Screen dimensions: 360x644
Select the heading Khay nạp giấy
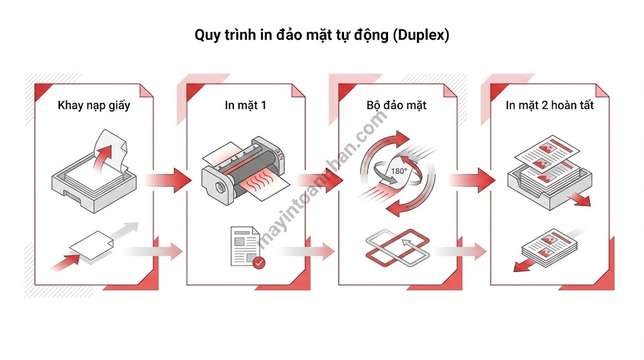pos(94,105)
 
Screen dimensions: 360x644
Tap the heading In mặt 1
pos(245,105)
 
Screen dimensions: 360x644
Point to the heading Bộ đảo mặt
pos(396,105)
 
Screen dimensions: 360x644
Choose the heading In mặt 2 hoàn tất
pos(550,105)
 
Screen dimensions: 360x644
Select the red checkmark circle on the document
pos(258,262)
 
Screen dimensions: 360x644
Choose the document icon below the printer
pos(245,245)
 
